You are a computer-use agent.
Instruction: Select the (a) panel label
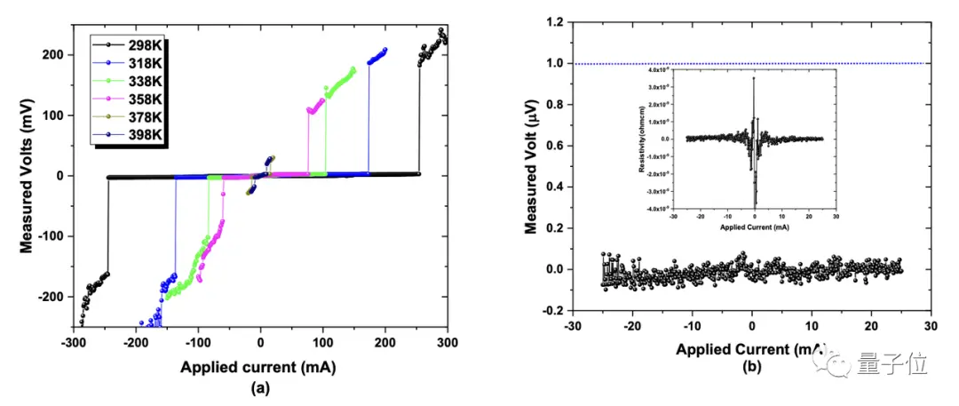260,386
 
